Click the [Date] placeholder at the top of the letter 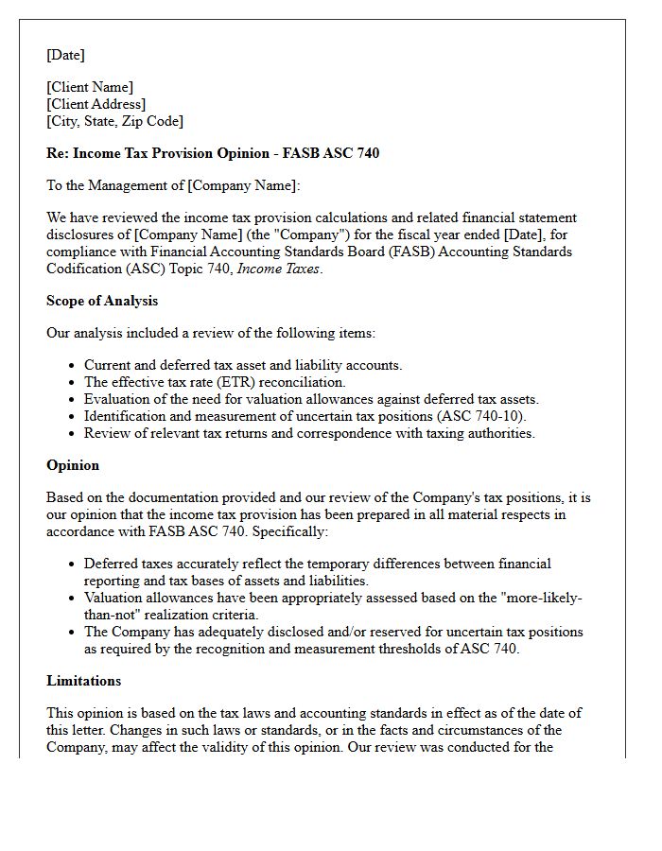click(65, 55)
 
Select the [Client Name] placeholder click(90, 87)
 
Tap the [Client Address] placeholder click(96, 104)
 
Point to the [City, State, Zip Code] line click(114, 121)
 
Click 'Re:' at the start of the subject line click(58, 153)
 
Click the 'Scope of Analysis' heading click(102, 301)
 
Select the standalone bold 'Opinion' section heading click(73, 465)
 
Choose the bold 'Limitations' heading click(83, 681)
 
